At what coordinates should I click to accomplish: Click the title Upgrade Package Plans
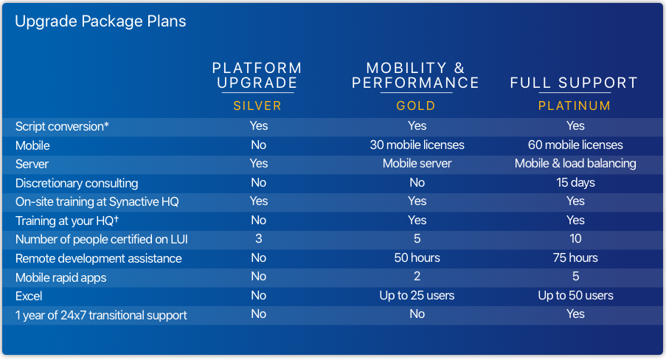click(x=100, y=21)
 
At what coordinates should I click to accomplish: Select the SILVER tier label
click(x=257, y=105)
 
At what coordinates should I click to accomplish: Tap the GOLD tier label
click(x=416, y=105)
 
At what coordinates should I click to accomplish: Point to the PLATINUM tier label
click(x=575, y=105)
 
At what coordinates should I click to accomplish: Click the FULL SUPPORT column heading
click(x=575, y=83)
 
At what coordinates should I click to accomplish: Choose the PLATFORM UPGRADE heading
click(x=257, y=75)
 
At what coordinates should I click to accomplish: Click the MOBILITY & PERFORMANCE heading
click(x=416, y=75)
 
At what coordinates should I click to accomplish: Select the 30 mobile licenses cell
click(x=417, y=145)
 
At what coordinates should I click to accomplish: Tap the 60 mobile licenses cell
click(x=575, y=145)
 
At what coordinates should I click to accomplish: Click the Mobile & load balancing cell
click(x=575, y=164)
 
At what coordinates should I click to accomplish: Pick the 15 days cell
click(x=575, y=183)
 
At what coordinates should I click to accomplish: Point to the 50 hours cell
click(x=417, y=258)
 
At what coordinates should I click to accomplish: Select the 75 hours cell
click(x=575, y=258)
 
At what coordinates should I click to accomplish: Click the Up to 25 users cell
click(x=417, y=295)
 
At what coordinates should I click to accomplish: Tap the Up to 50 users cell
click(x=575, y=295)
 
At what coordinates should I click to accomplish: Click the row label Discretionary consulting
click(x=77, y=183)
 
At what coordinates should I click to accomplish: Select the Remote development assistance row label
click(x=99, y=258)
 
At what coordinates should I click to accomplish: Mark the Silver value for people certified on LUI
click(x=259, y=239)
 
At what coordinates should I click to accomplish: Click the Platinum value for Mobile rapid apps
click(x=575, y=277)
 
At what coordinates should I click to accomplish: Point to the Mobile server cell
click(x=417, y=164)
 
